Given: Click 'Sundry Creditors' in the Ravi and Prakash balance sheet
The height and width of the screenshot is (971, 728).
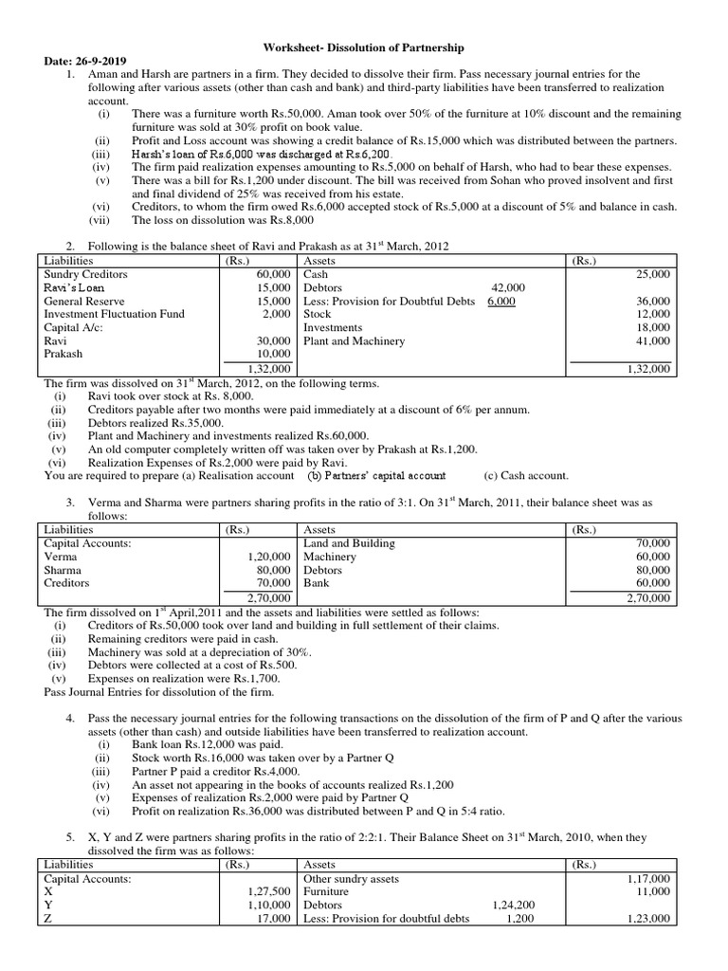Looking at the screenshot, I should (x=86, y=273).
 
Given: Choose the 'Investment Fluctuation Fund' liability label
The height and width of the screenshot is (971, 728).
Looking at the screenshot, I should (x=115, y=314).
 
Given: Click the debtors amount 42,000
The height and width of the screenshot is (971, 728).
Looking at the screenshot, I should (x=508, y=287).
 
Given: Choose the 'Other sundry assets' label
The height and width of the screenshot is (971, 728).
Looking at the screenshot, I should (x=351, y=879).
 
